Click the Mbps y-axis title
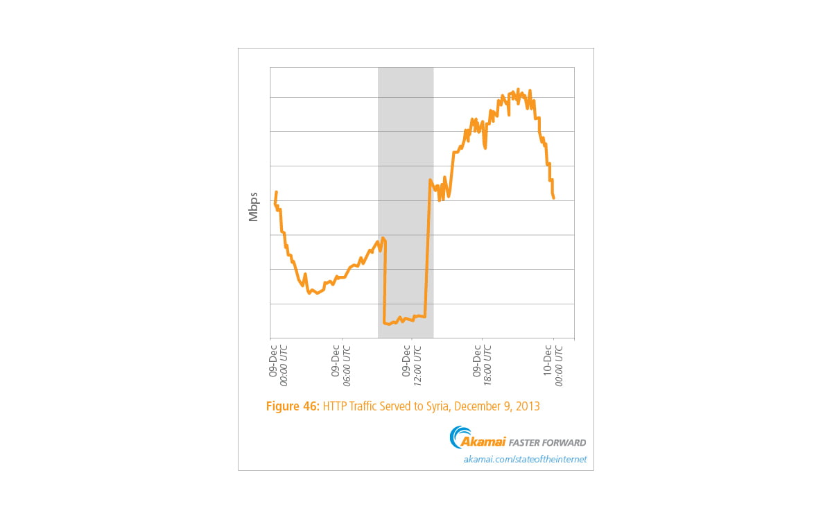click(253, 207)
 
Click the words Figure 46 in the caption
click(293, 407)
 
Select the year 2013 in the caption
click(526, 407)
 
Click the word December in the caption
click(479, 407)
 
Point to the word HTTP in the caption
click(336, 407)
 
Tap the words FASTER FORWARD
click(548, 442)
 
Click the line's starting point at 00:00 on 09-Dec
click(275, 202)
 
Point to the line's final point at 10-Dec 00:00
click(554, 198)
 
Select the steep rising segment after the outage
click(428, 250)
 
